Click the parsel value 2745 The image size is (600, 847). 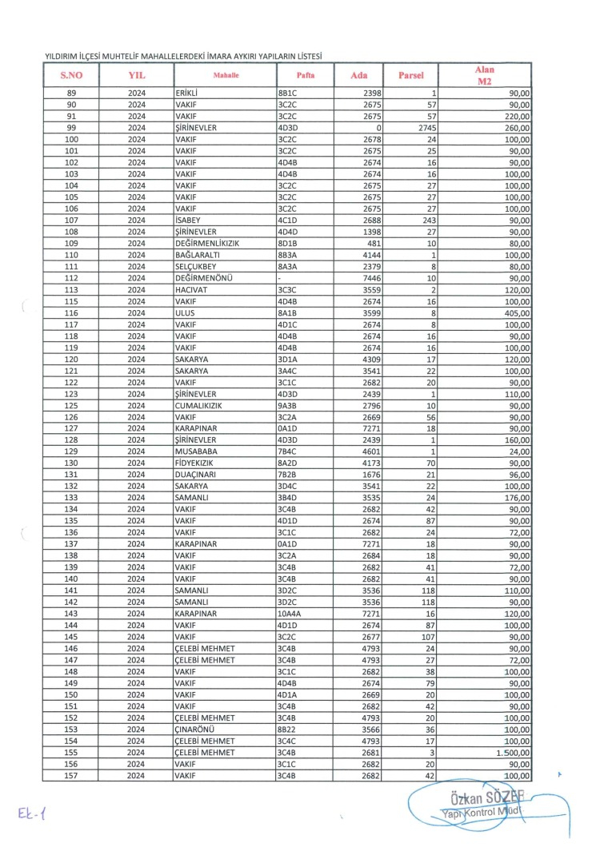coord(425,127)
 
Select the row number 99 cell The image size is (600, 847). coord(71,127)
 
